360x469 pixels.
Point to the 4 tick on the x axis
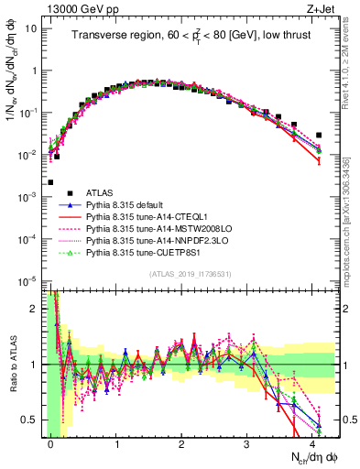click(312, 444)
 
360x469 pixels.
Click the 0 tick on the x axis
click(50, 444)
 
